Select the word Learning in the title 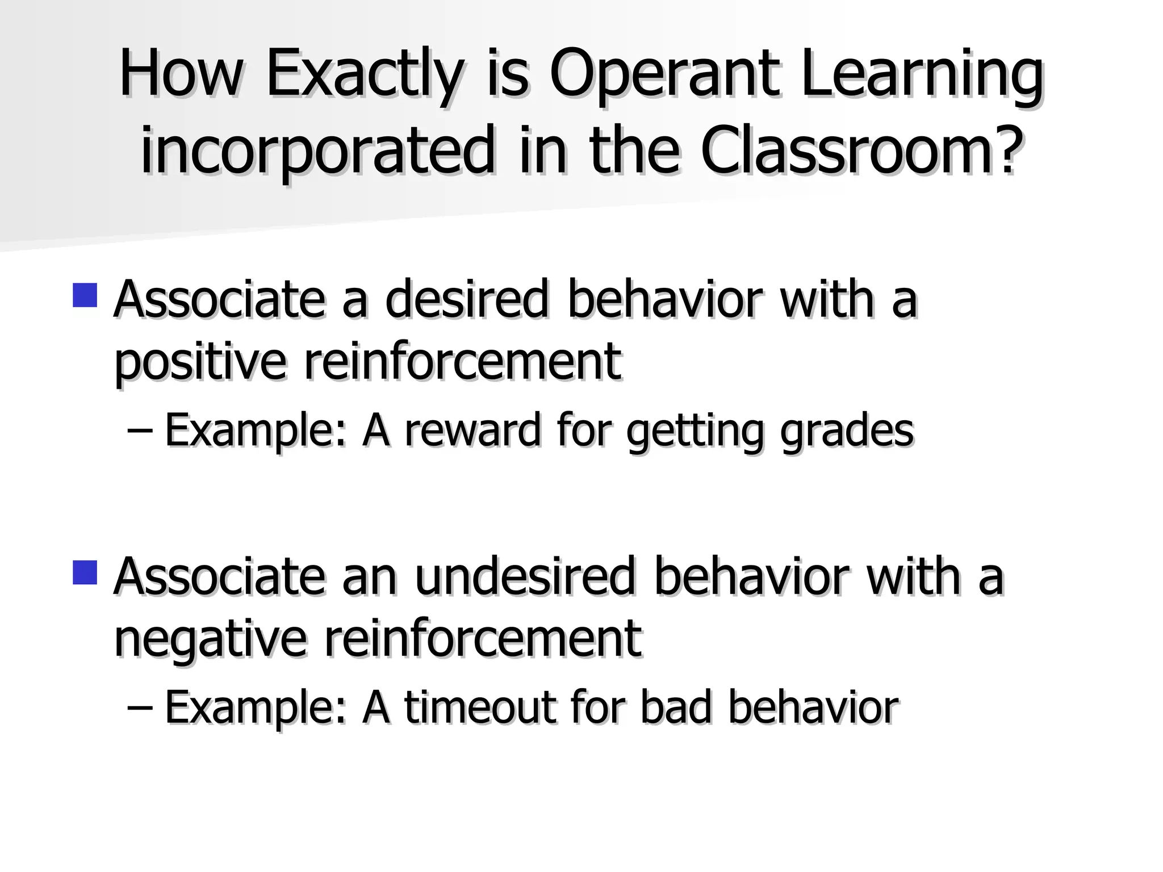923,77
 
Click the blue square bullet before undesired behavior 85,572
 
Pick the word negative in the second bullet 210,639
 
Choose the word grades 847,431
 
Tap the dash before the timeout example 140,710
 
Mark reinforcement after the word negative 483,638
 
